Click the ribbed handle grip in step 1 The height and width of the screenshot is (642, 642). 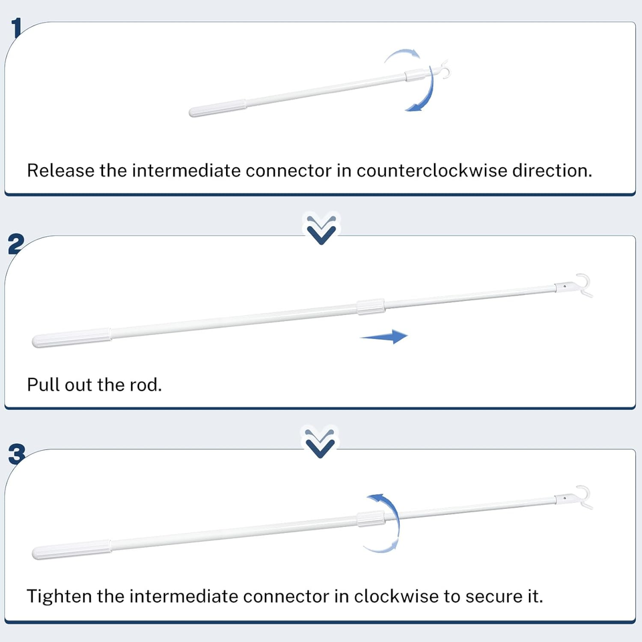[x=218, y=108]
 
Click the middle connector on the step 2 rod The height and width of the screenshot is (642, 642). [x=370, y=307]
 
